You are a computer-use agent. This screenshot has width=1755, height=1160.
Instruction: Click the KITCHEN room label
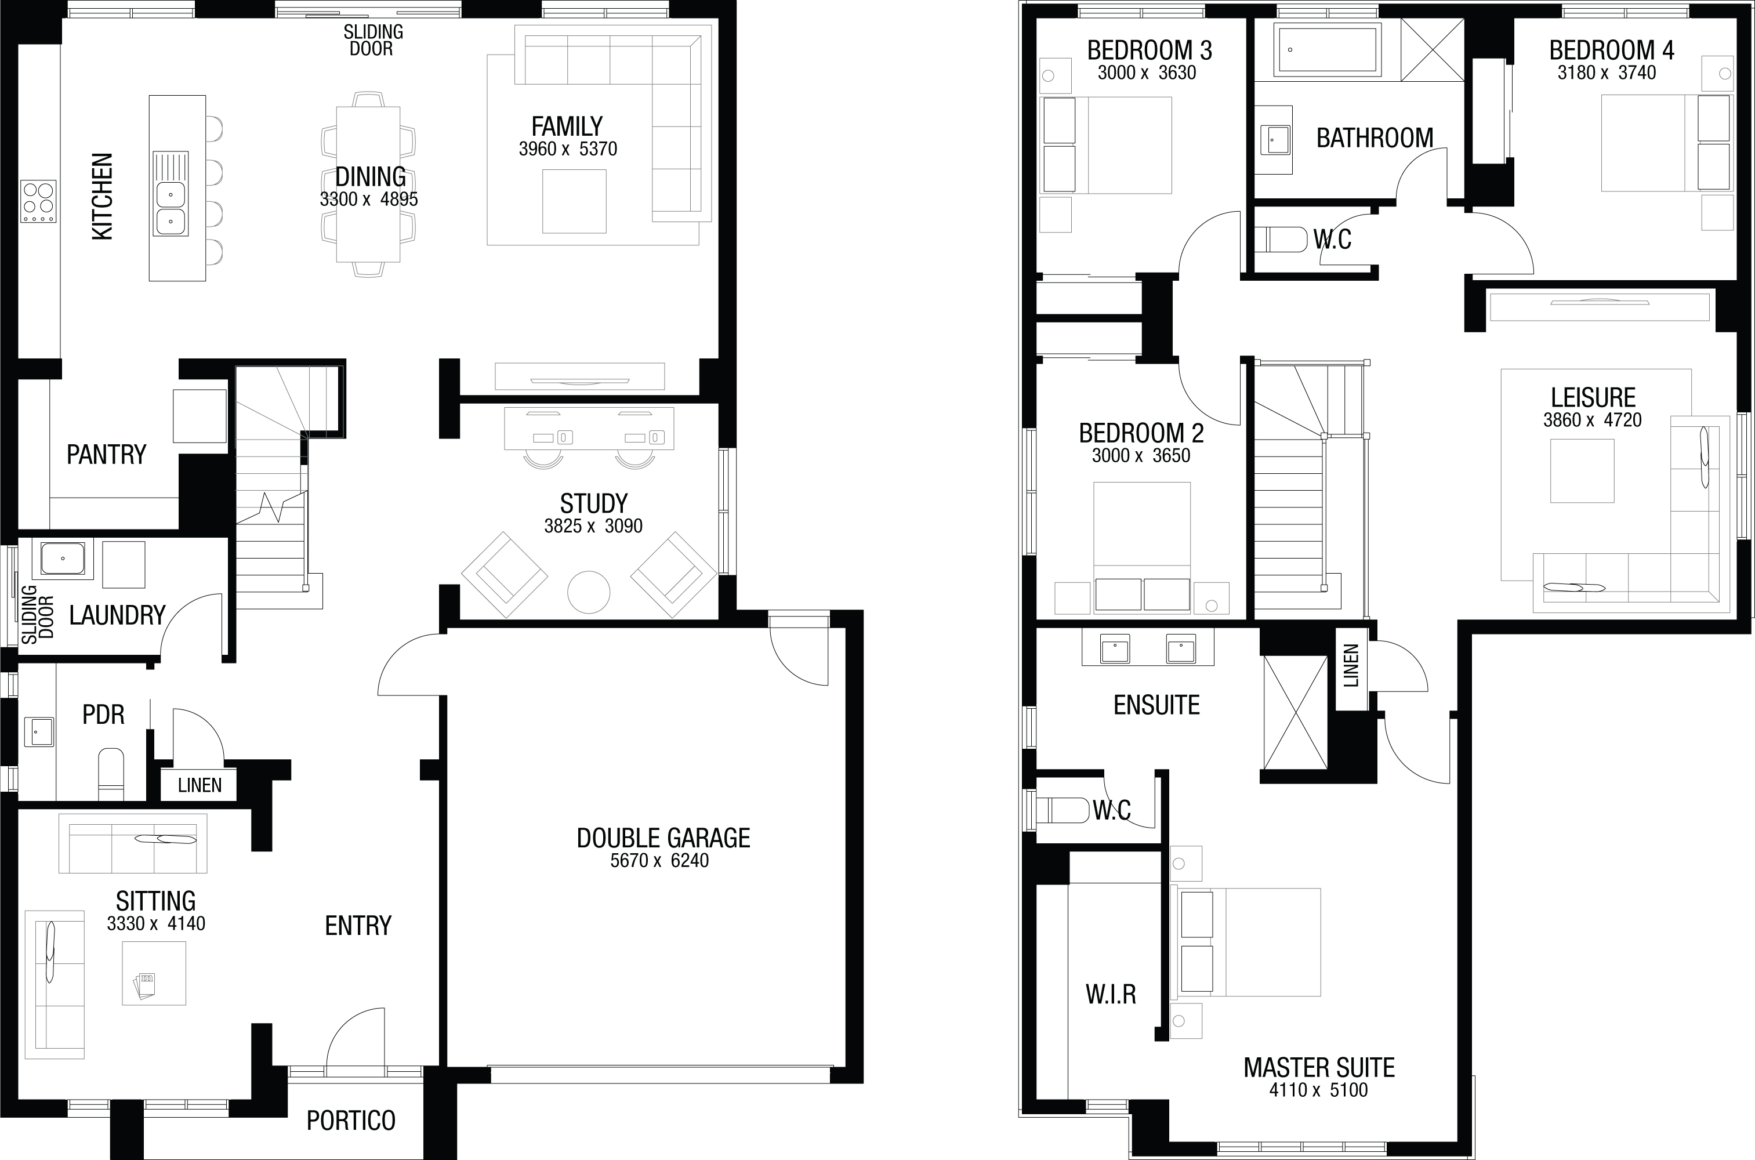click(102, 197)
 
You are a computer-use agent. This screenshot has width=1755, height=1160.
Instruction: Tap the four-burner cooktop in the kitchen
click(38, 201)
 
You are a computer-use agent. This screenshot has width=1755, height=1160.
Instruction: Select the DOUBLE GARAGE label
click(663, 838)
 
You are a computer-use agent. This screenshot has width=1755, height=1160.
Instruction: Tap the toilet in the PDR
click(111, 774)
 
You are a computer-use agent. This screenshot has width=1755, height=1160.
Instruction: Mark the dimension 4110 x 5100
click(1319, 1090)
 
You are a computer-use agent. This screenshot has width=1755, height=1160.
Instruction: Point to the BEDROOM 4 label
click(1612, 50)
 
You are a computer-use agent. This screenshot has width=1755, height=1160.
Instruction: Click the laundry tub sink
click(63, 559)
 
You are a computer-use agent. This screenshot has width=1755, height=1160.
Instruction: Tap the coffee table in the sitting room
click(154, 973)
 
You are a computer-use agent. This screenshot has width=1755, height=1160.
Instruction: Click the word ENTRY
click(358, 926)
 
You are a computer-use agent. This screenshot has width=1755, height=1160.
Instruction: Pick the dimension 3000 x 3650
click(1141, 456)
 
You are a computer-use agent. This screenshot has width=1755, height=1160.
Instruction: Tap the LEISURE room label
click(1593, 398)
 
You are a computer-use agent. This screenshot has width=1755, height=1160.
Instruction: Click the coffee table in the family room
click(574, 201)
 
